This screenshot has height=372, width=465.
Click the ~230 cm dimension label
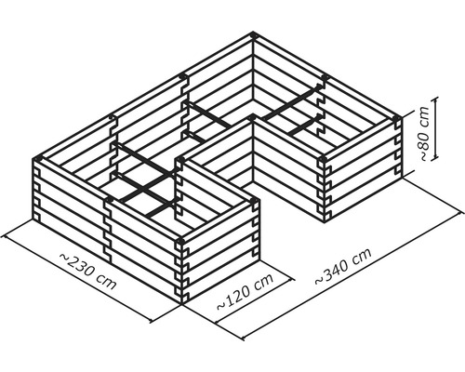(x=87, y=271)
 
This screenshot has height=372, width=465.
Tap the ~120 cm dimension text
(x=245, y=291)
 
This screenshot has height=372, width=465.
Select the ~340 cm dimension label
(x=343, y=266)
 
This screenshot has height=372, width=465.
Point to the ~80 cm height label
(x=424, y=133)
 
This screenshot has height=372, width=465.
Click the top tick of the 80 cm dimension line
(x=435, y=98)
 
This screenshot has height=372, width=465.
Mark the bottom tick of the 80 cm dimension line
(x=435, y=158)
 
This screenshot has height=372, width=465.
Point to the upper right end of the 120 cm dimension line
(x=292, y=279)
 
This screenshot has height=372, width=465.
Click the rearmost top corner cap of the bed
(x=253, y=34)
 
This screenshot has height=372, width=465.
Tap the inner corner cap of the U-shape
(x=253, y=118)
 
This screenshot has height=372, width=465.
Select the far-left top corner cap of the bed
(x=38, y=158)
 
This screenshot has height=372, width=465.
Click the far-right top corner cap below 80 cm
(x=397, y=118)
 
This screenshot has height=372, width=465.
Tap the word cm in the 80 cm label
(x=424, y=116)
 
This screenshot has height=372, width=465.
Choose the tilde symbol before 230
(x=63, y=258)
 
